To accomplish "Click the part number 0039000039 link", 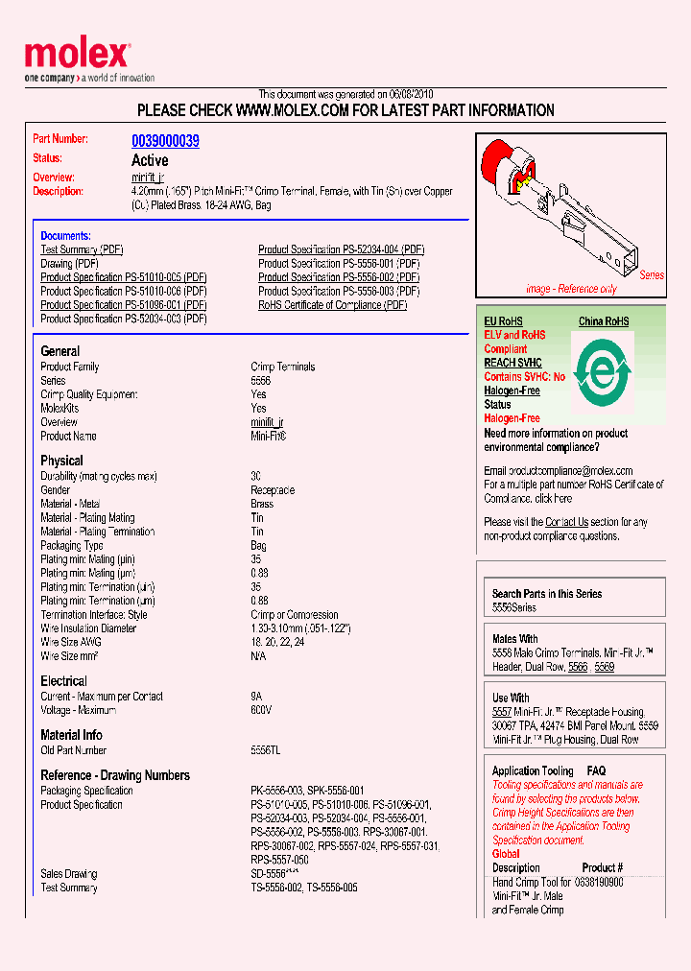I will click(x=165, y=141).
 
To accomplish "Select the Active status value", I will click(x=149, y=160).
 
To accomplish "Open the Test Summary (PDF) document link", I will click(x=82, y=249).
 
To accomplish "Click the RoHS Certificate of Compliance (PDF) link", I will click(x=332, y=305).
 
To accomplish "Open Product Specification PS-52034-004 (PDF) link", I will click(x=341, y=249).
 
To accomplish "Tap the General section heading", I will click(x=60, y=351).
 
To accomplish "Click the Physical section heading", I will click(x=61, y=461).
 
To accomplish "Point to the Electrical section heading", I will click(x=63, y=681).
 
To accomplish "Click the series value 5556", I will click(x=260, y=381).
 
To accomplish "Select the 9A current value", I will click(x=257, y=697).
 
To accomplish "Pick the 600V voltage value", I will click(x=260, y=710).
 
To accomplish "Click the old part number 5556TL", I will click(x=265, y=750).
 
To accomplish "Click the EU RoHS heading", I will click(x=503, y=321).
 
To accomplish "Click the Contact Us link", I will click(x=566, y=522).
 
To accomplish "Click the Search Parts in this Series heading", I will click(x=547, y=594).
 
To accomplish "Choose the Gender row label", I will click(x=56, y=490).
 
